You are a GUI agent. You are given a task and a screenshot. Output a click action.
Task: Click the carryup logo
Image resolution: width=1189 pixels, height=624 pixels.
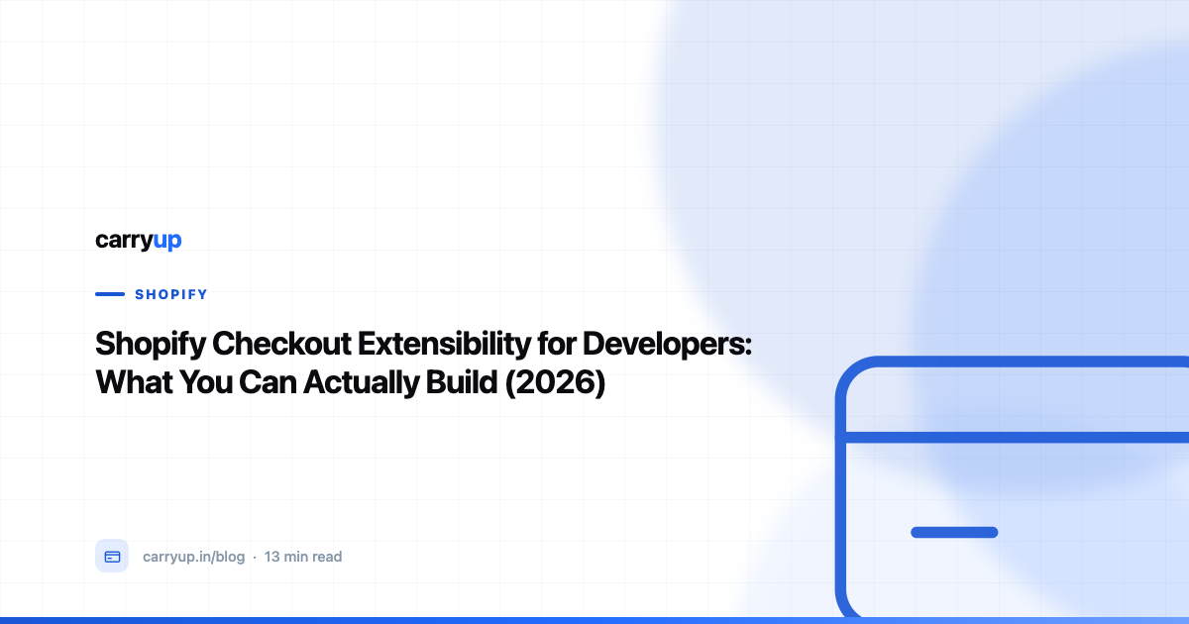pyautogui.click(x=139, y=241)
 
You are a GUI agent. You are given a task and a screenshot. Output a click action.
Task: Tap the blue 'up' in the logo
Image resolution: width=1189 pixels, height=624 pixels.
pyautogui.click(x=167, y=242)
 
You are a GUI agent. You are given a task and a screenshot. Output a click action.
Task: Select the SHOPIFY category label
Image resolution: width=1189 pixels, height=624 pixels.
pyautogui.click(x=170, y=294)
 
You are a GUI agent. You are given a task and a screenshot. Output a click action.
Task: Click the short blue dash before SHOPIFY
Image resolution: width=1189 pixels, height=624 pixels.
pyautogui.click(x=110, y=294)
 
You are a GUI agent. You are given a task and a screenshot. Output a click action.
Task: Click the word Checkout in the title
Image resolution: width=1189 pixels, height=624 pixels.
pyautogui.click(x=281, y=344)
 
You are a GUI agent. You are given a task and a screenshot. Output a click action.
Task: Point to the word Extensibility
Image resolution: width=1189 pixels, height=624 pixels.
pyautogui.click(x=444, y=344)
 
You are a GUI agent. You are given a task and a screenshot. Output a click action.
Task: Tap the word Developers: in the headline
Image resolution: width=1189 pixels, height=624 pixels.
pyautogui.click(x=667, y=345)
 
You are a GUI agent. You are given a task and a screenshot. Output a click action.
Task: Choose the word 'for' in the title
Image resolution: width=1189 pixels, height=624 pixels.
pyautogui.click(x=556, y=344)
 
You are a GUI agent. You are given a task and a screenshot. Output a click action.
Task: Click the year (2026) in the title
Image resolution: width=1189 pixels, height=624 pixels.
pyautogui.click(x=555, y=382)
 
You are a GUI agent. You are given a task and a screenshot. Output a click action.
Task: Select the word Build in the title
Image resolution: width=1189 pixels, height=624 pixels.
pyautogui.click(x=462, y=382)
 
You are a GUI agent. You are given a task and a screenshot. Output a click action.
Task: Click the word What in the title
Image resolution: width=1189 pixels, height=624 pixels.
pyautogui.click(x=134, y=382)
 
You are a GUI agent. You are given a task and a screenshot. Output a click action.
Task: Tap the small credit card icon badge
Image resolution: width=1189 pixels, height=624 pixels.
pyautogui.click(x=112, y=556)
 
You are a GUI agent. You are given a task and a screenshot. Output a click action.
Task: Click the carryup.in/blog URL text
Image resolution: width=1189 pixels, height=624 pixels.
pyautogui.click(x=194, y=557)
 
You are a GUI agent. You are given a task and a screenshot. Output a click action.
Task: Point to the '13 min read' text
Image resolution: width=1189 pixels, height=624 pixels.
pyautogui.click(x=303, y=557)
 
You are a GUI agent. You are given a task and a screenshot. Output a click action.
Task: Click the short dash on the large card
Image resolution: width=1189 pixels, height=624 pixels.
pyautogui.click(x=954, y=532)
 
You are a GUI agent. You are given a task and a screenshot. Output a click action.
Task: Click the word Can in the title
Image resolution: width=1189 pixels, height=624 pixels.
pyautogui.click(x=268, y=382)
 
